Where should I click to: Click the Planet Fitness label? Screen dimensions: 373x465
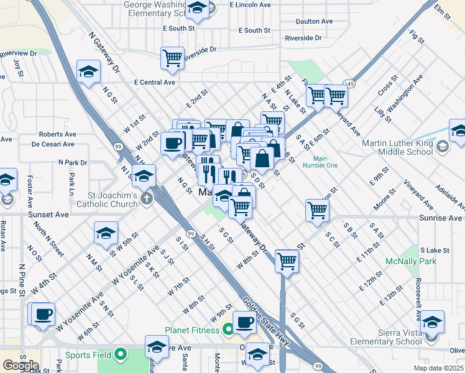(x=192, y=329)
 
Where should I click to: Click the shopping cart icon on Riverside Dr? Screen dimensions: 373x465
(x=172, y=58)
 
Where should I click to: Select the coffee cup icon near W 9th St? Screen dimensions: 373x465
(x=244, y=322)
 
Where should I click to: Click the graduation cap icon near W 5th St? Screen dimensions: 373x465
(x=106, y=234)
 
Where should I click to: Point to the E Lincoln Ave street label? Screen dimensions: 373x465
(x=250, y=4)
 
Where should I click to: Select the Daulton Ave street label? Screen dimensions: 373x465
(x=315, y=21)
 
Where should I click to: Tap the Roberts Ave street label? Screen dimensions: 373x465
(x=57, y=134)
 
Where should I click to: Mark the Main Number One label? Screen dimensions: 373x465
(x=320, y=162)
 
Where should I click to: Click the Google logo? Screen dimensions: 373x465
(x=21, y=366)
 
